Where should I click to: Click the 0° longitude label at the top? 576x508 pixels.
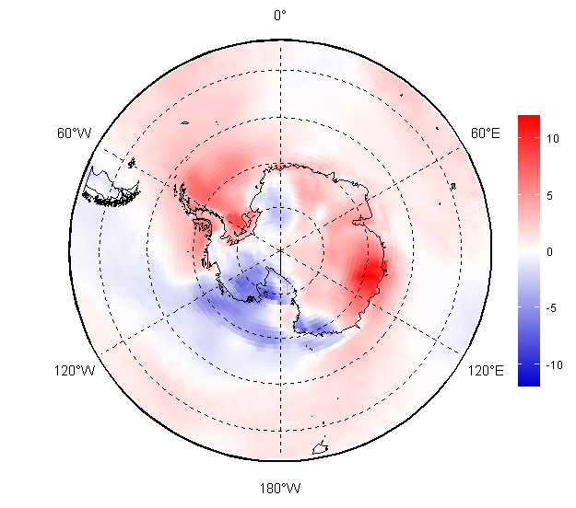tap(280, 16)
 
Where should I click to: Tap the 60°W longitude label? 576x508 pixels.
tap(75, 133)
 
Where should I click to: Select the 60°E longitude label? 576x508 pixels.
tap(486, 133)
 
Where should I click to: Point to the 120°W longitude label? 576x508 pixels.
tap(75, 371)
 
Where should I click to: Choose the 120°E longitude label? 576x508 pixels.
tap(486, 371)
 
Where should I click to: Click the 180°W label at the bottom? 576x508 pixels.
tap(280, 489)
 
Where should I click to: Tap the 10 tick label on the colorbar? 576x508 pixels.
tap(552, 139)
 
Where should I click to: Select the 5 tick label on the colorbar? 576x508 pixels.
tap(549, 195)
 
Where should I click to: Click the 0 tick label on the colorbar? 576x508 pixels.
tap(549, 252)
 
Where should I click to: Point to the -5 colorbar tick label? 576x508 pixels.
tap(551, 308)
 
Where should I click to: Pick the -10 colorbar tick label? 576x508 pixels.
tap(554, 365)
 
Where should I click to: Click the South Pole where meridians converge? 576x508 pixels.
tap(281, 250)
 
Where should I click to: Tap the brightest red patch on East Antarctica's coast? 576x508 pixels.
tap(371, 273)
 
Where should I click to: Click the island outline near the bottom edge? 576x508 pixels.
tap(320, 448)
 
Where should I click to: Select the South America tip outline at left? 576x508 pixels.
tap(111, 187)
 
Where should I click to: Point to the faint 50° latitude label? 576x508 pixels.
tap(290, 425)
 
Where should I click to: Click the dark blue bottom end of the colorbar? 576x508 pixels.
tap(529, 380)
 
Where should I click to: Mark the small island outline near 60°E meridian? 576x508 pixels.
tap(453, 186)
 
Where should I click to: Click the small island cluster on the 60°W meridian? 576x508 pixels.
tap(132, 163)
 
